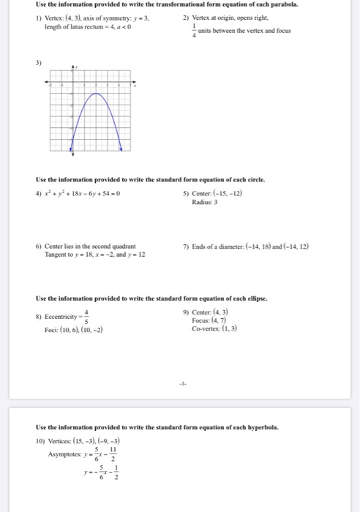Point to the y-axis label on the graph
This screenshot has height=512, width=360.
pyautogui.click(x=75, y=67)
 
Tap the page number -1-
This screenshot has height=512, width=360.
pyautogui.click(x=180, y=382)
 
